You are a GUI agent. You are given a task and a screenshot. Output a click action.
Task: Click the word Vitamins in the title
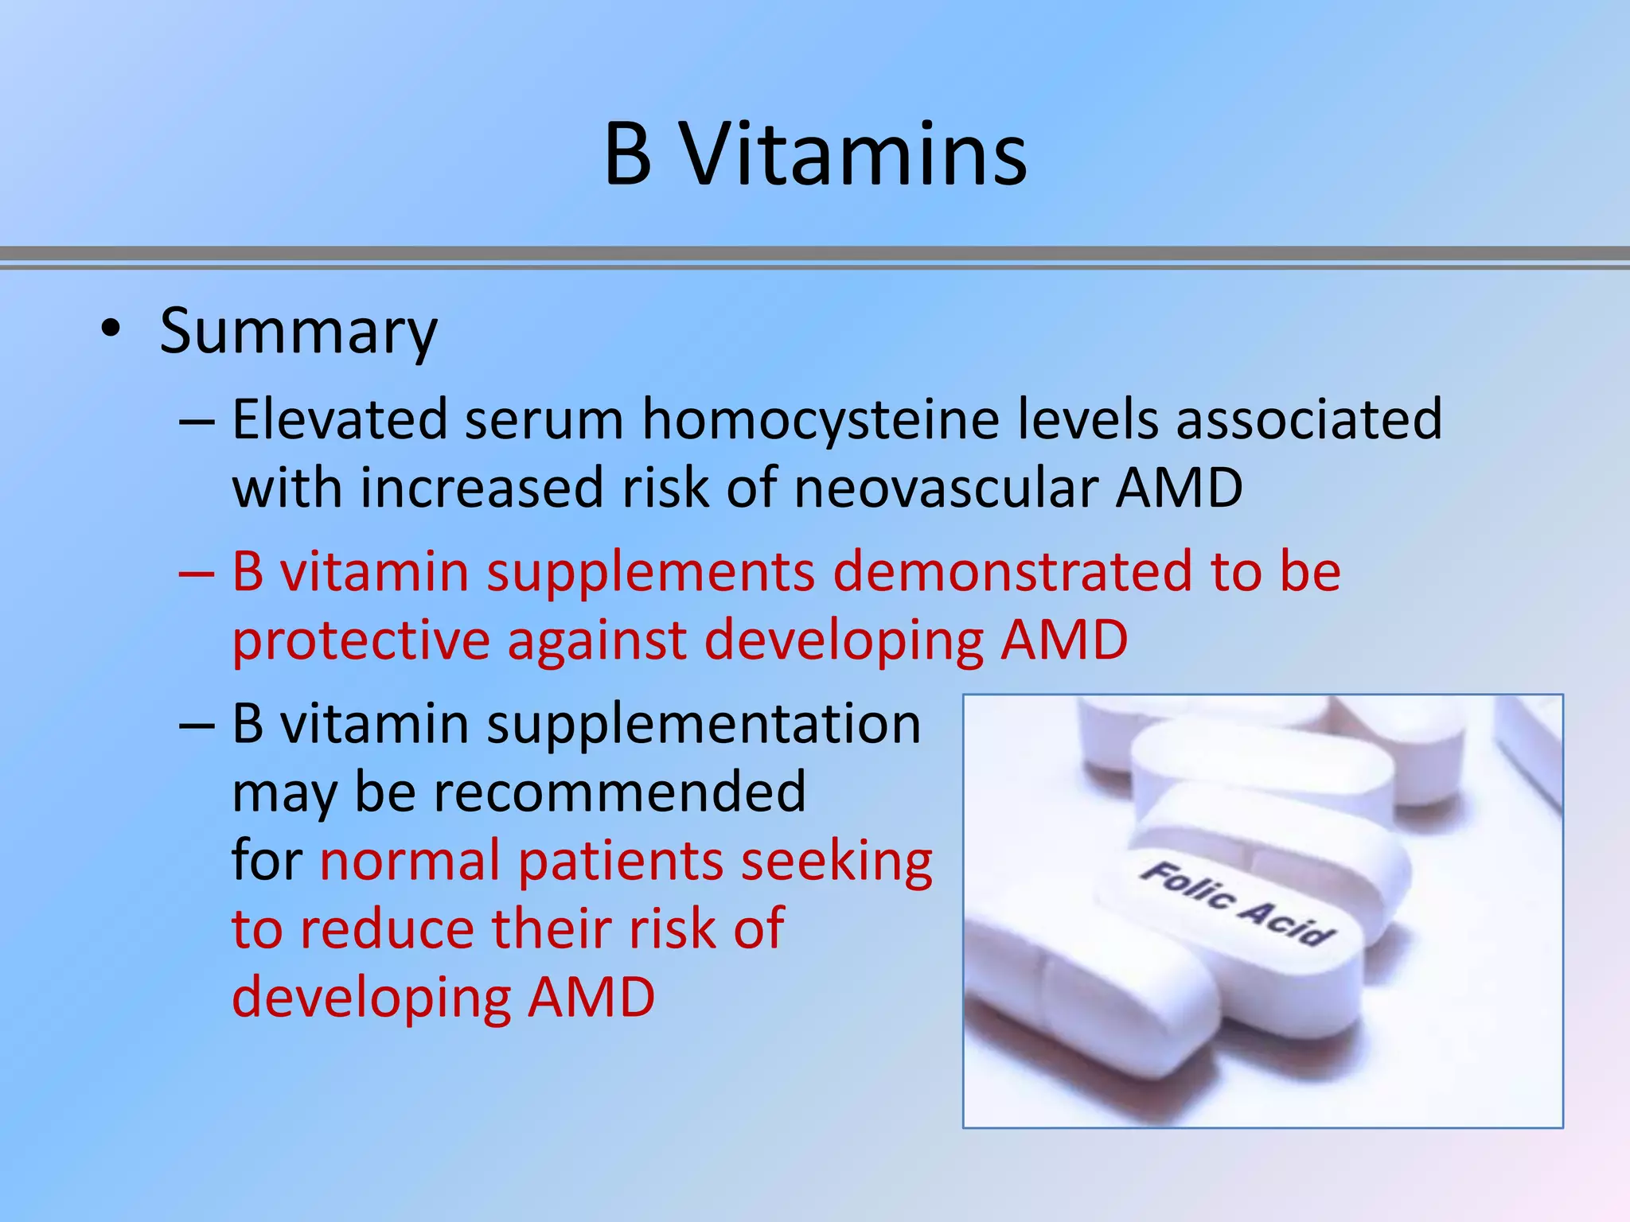[x=855, y=154]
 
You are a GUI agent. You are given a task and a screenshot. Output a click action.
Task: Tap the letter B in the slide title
[x=628, y=154]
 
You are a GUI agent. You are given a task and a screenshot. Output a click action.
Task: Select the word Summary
[x=298, y=332]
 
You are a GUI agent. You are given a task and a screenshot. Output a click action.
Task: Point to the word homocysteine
[x=821, y=420]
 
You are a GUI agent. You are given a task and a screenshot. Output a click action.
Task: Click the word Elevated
[x=340, y=419]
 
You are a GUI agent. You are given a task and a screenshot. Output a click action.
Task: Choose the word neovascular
[x=945, y=488]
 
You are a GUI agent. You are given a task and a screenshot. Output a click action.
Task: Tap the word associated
[x=1308, y=419]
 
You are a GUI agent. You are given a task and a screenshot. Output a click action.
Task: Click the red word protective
[x=361, y=641]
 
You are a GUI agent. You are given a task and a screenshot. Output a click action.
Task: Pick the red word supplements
[x=651, y=573]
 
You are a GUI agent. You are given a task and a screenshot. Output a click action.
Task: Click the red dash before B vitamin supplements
[x=196, y=571]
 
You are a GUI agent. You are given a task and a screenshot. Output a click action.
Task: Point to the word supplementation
[x=704, y=725]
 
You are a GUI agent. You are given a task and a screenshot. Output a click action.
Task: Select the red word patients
[x=620, y=862]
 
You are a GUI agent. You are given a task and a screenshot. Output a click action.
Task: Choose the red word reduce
[x=386, y=928]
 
